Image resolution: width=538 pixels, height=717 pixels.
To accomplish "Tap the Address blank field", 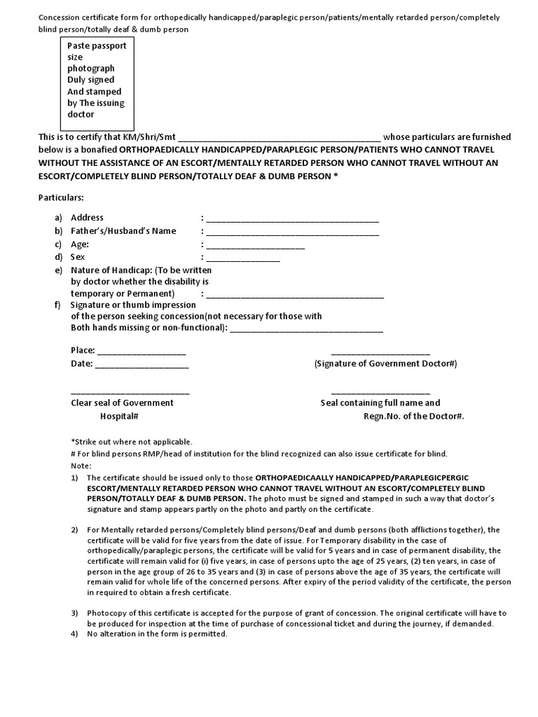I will (292, 219).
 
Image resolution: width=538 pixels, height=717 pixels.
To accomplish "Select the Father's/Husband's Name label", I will (123, 231).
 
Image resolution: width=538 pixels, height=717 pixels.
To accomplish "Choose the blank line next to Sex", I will (242, 258).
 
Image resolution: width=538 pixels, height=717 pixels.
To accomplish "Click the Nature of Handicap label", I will (141, 270).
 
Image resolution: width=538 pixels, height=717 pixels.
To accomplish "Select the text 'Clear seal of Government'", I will (123, 403).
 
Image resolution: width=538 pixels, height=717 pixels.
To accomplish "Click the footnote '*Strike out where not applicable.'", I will (131, 442).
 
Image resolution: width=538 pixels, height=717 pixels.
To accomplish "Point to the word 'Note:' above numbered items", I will (81, 466).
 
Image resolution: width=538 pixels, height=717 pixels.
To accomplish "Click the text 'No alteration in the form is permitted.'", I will (157, 634).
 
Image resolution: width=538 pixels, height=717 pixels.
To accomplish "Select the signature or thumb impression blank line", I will (306, 328).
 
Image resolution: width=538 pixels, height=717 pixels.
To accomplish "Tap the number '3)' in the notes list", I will (75, 613).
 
